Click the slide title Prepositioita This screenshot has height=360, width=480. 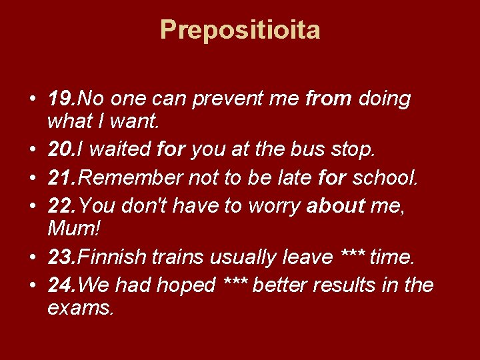[x=240, y=30]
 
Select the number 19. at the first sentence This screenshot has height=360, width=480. [x=63, y=99]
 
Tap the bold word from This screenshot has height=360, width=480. [x=328, y=99]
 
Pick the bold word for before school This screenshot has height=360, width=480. [x=333, y=179]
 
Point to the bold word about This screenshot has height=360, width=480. [x=336, y=207]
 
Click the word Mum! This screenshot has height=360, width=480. [x=74, y=230]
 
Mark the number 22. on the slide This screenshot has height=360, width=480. [x=63, y=207]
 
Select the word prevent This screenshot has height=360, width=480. [x=226, y=99]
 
